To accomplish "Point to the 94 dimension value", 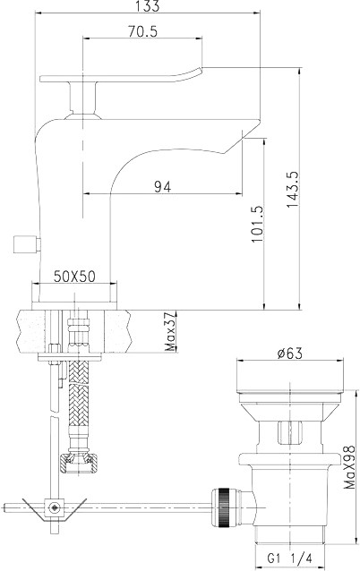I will click(x=162, y=186).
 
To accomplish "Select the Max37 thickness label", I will click(x=171, y=332).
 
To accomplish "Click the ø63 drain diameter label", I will click(x=288, y=353).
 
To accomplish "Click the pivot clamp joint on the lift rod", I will click(x=56, y=508).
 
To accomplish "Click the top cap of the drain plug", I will click(x=288, y=379).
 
